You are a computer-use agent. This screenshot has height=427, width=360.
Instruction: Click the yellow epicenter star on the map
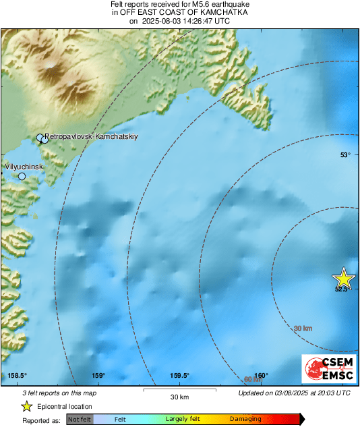[x=344, y=278]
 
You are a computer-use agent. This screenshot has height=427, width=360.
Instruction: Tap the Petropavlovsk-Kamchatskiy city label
[x=92, y=136]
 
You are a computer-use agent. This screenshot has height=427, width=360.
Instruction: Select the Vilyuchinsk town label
[x=24, y=166]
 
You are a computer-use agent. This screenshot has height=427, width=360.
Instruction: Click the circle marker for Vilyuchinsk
[x=22, y=177]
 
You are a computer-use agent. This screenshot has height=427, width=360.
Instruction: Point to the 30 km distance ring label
[x=304, y=329]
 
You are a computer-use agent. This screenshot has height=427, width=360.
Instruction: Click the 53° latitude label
[x=345, y=155]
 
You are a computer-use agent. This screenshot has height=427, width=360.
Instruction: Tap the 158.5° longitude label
[x=17, y=376]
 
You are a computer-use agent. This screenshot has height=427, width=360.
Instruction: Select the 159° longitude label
[x=98, y=376]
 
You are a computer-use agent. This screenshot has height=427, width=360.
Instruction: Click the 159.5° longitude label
[x=179, y=376]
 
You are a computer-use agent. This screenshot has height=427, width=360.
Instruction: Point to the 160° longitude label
[x=261, y=376]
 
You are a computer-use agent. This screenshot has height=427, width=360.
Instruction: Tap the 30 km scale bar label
[x=179, y=396]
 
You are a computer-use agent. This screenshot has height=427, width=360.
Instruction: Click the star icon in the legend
[x=27, y=407]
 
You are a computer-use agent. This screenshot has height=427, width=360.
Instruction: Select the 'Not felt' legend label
[x=80, y=419]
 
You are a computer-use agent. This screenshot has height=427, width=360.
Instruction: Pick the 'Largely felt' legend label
[x=181, y=419]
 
